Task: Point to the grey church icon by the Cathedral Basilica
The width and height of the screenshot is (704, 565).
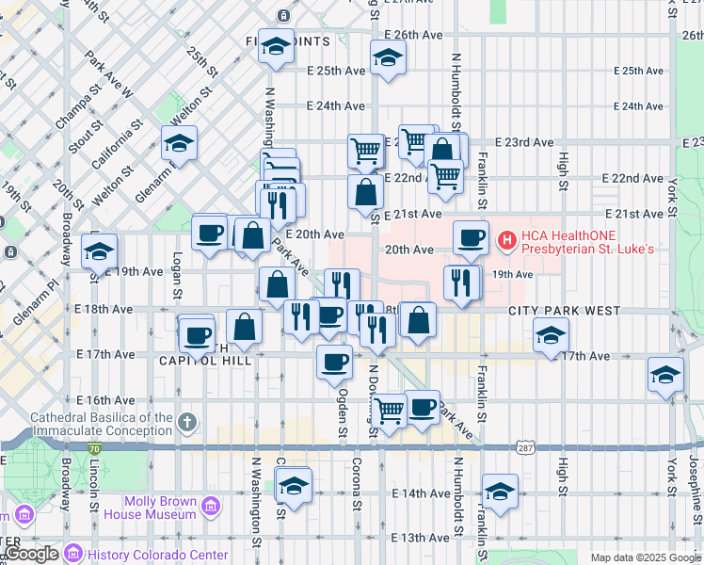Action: [188, 421]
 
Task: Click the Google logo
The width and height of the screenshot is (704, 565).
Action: [32, 554]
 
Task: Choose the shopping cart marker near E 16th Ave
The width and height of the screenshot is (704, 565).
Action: [388, 409]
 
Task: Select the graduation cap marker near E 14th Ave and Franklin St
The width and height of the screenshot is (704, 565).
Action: [500, 490]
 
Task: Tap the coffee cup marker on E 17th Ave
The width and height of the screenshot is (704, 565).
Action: [334, 361]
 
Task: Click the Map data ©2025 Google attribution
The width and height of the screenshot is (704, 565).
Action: [645, 557]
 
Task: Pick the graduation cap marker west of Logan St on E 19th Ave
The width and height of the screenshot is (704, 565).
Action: [100, 250]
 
